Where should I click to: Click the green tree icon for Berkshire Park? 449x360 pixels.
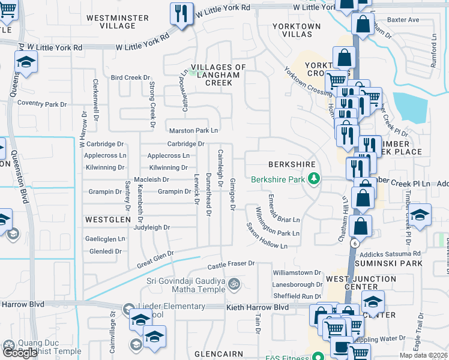pos(313,178)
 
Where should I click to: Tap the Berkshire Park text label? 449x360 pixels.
pos(278,179)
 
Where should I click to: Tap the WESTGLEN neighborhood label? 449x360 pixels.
pos(107,220)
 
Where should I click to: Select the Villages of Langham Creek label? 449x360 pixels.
pos(210,75)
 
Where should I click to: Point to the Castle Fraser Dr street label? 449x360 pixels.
pos(231,264)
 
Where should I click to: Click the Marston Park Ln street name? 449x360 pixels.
pos(193,130)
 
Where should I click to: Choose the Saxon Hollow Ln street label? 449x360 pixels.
pos(267,237)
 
